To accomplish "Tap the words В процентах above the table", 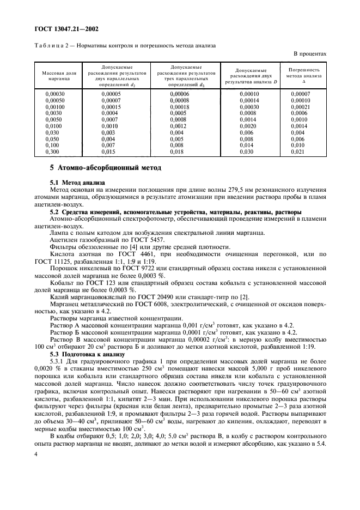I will [310, 54].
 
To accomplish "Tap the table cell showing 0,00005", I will [111, 94].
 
